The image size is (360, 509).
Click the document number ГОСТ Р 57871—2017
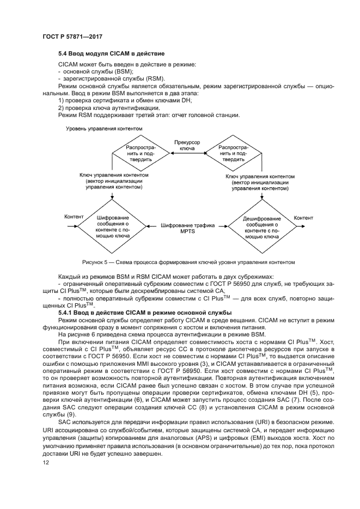(x=72, y=37)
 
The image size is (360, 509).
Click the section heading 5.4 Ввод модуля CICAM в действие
(x=111, y=54)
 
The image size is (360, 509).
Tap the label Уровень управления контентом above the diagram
(x=104, y=129)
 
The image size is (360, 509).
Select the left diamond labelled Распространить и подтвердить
(x=141, y=154)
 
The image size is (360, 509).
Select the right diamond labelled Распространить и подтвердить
(x=233, y=154)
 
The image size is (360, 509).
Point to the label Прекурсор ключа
(x=187, y=145)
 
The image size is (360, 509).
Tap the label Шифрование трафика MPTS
(x=187, y=228)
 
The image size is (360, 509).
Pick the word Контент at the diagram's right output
(x=303, y=218)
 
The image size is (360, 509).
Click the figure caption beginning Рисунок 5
(x=188, y=262)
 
